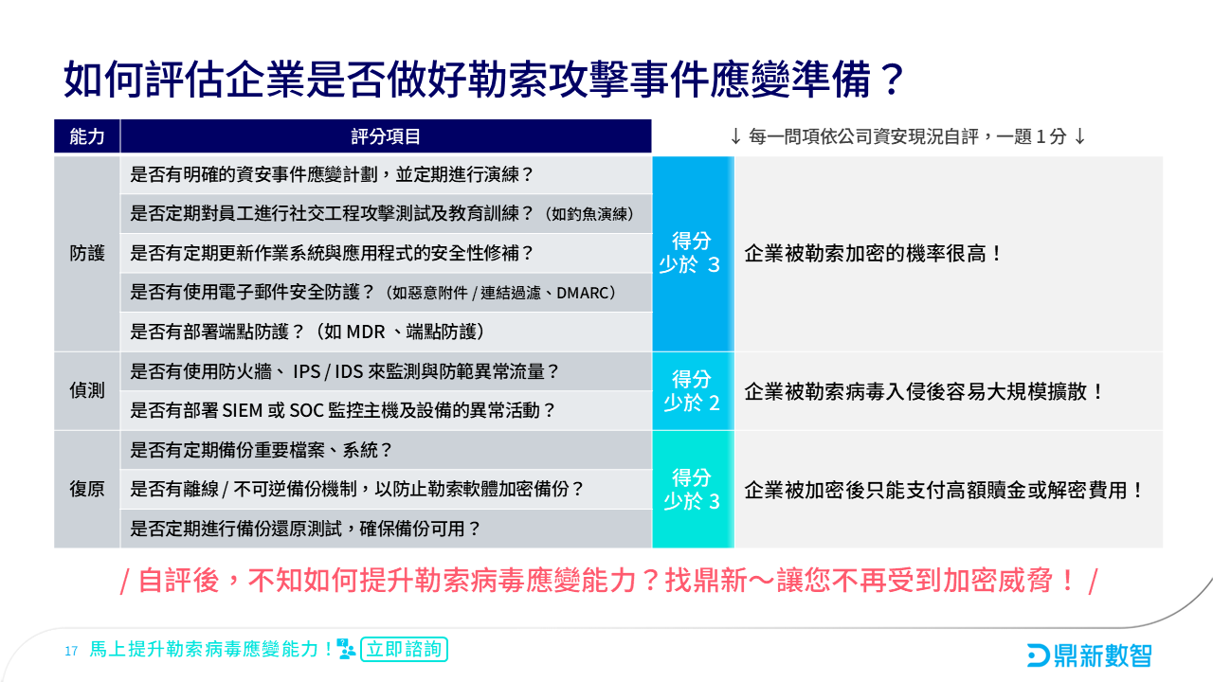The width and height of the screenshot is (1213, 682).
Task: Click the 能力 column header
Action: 87,136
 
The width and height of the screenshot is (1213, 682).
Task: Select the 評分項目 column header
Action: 386,136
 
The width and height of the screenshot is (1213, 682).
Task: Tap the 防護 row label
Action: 87,254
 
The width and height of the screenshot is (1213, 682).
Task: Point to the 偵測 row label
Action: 87,390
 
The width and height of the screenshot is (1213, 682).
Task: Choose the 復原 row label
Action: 87,489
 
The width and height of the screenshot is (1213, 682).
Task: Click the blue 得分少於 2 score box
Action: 692,390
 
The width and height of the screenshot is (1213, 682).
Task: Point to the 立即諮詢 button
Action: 404,650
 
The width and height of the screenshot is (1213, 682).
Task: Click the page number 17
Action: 71,651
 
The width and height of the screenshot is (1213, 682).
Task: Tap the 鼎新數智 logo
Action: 1089,654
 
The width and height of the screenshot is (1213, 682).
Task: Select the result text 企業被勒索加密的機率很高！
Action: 873,254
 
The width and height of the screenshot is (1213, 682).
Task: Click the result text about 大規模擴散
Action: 925,390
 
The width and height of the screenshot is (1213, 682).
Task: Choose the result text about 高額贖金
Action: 945,490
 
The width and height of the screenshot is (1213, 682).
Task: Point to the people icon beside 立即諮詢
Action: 347,650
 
